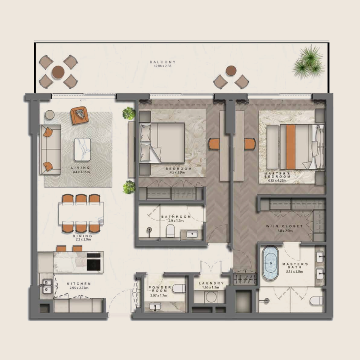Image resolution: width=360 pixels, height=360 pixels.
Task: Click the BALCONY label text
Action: (162, 62)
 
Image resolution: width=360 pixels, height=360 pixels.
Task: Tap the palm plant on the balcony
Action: (309, 61)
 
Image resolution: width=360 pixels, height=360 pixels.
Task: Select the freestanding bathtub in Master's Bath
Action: (271, 263)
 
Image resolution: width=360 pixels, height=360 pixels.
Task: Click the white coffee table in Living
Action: (82, 149)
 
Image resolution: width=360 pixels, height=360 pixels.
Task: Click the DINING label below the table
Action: (82, 235)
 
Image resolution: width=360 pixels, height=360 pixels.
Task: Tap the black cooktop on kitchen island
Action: (94, 261)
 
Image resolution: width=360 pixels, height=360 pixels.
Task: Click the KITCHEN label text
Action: (79, 283)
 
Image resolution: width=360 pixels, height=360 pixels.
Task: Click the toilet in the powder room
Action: (178, 288)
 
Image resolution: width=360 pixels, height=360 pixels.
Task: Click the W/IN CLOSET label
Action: (290, 226)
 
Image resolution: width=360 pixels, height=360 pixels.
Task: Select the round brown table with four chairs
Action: (58, 71)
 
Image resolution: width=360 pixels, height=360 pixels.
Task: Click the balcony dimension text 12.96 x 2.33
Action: (162, 66)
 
